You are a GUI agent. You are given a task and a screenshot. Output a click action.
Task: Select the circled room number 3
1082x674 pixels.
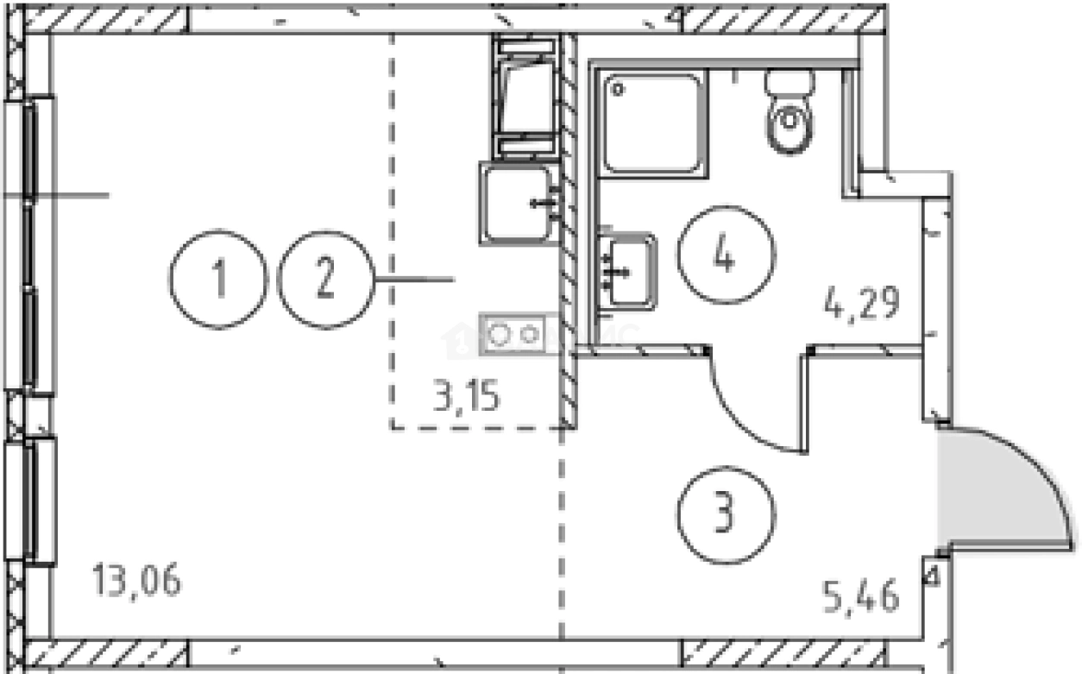[726, 513]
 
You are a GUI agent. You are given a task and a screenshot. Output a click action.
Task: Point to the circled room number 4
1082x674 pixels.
[726, 255]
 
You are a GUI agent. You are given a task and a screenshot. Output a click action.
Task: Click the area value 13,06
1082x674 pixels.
[137, 581]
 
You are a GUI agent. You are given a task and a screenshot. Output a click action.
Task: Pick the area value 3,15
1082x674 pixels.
[467, 400]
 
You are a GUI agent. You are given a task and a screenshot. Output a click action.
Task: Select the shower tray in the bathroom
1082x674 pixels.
[651, 123]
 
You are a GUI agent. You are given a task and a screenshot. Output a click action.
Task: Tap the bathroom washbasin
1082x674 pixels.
[628, 269]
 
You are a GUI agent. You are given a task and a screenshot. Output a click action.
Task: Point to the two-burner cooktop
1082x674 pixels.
[514, 332]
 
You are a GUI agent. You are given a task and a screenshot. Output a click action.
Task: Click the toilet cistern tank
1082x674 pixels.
[790, 84]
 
